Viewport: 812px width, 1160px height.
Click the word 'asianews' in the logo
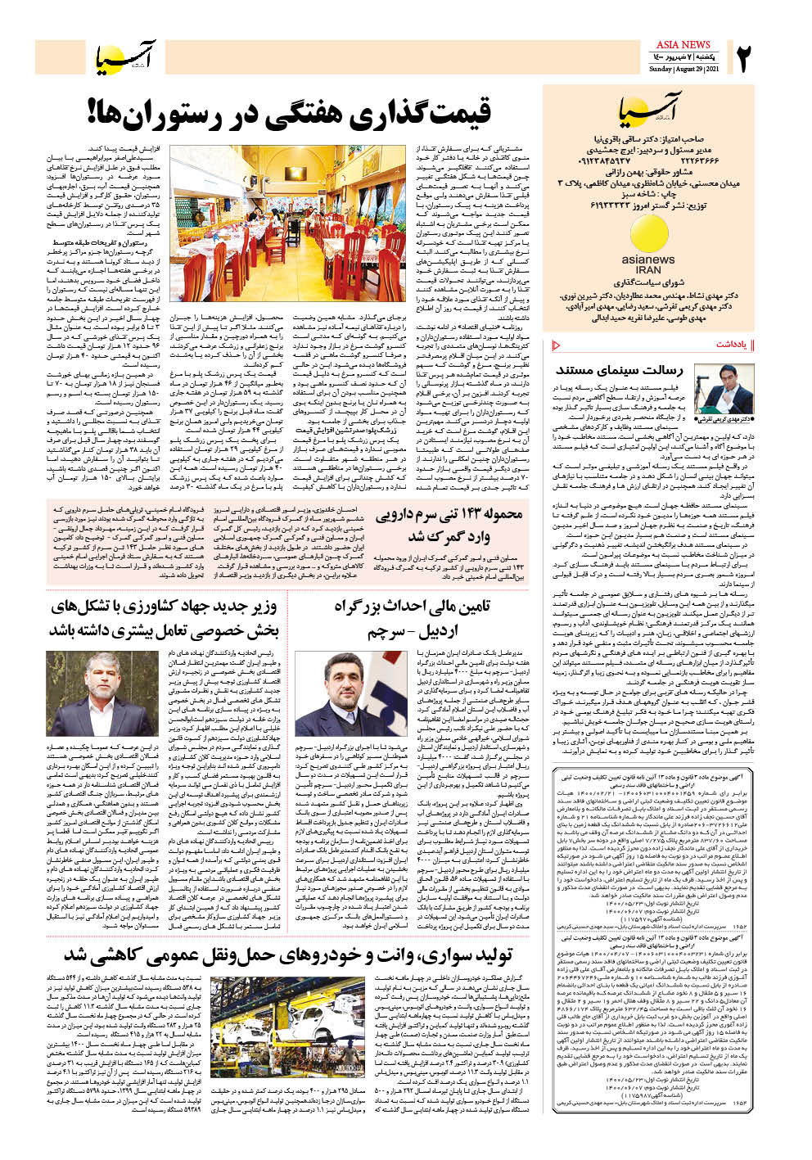point(648,260)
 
